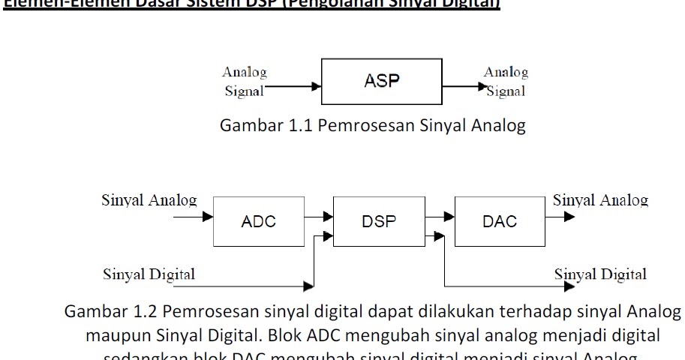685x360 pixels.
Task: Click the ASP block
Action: (x=381, y=82)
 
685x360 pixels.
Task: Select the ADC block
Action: (x=259, y=221)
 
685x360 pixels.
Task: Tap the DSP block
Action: (x=378, y=221)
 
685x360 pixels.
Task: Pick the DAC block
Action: (x=499, y=221)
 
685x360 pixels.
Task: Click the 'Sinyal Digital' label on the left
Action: (x=149, y=274)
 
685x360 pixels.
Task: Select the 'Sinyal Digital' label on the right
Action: (x=600, y=274)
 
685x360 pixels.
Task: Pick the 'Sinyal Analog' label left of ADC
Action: (x=149, y=200)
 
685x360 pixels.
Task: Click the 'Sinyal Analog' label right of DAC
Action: (x=600, y=200)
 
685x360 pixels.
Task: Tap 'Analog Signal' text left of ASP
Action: (x=245, y=82)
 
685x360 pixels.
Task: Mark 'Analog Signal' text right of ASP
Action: (x=506, y=82)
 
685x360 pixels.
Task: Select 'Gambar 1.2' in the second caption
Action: (x=112, y=312)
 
